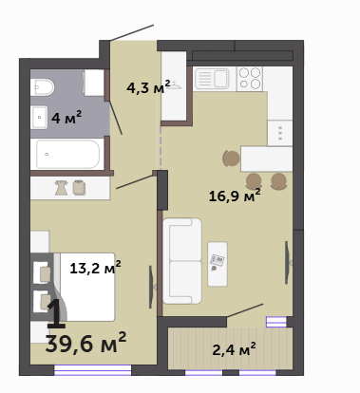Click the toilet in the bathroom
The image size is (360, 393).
point(43,87)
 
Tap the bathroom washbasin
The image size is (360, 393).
point(39,118)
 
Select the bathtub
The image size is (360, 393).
point(67,155)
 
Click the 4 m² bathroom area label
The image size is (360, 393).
point(66,117)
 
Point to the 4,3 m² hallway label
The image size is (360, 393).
point(148,86)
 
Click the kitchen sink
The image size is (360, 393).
point(212,78)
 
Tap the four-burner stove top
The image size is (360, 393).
point(250,78)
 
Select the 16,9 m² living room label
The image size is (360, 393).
point(235,196)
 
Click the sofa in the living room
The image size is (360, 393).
point(182,261)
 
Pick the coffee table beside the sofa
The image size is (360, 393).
point(218,264)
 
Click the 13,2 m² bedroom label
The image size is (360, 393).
point(95,268)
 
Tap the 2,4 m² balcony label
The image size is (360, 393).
point(234,349)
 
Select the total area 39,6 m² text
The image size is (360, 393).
point(85,343)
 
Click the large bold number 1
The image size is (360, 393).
point(57,314)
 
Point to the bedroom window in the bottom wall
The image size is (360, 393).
point(93,370)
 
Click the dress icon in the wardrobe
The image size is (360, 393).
point(61,188)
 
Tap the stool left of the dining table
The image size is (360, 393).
point(231,159)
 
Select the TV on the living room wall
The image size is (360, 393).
point(288,262)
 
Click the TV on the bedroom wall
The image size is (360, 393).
point(152,287)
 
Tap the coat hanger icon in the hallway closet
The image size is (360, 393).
point(174,85)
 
